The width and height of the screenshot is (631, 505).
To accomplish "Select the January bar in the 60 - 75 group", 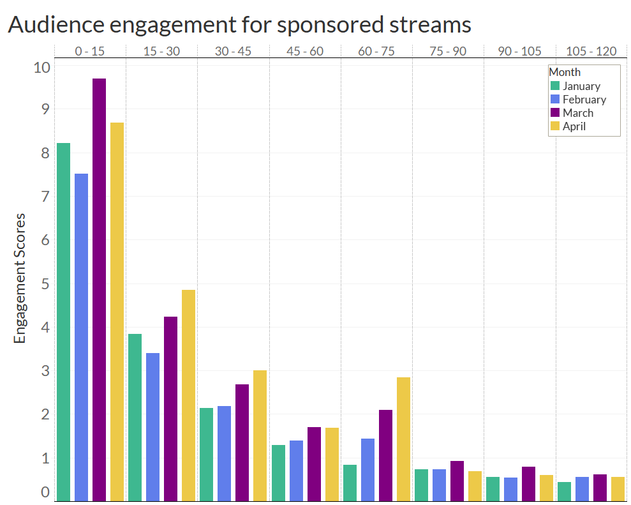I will [350, 483].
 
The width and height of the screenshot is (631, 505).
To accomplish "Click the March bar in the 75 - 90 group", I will [457, 481].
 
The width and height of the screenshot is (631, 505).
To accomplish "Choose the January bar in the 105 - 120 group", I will [564, 491].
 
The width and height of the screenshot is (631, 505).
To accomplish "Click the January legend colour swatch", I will [555, 86].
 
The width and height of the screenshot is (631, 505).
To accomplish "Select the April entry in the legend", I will [574, 126].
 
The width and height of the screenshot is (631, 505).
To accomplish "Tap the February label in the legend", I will [584, 100].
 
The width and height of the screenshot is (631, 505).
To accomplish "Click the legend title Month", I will [565, 72].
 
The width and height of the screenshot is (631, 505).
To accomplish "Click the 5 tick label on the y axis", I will [45, 283].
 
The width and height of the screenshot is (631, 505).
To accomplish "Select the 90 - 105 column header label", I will [519, 51].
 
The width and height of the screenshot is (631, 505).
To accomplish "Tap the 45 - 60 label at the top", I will [305, 51].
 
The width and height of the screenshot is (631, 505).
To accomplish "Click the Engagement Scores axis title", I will [20, 278].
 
